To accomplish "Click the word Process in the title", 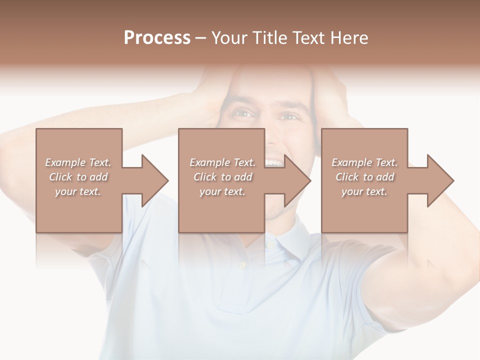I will [x=157, y=38].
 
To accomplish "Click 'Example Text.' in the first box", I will [x=78, y=162].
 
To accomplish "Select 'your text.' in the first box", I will [x=78, y=191].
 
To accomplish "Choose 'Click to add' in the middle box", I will [x=222, y=177].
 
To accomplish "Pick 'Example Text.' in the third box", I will [x=364, y=162].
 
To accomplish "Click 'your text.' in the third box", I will [x=364, y=191].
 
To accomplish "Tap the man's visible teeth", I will [x=273, y=162].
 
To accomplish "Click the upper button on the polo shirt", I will [x=270, y=245].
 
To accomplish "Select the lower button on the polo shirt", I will [x=242, y=265].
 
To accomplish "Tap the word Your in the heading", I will [x=229, y=38].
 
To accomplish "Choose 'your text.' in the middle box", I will [x=222, y=191].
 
